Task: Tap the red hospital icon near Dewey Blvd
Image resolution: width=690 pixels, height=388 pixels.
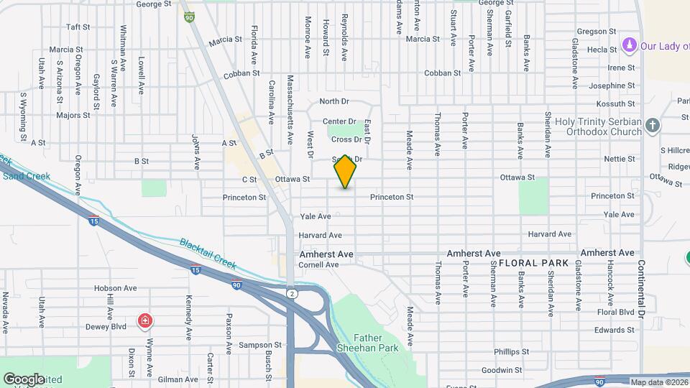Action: click(x=145, y=320)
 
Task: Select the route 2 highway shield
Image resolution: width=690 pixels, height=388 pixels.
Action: click(x=291, y=293)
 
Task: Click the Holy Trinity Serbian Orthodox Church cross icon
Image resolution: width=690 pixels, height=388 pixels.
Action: click(x=653, y=126)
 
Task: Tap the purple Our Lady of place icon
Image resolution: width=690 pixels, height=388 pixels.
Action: click(x=630, y=46)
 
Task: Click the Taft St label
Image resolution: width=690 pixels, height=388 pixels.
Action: click(x=78, y=27)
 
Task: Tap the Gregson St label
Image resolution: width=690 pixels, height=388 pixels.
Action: click(x=597, y=32)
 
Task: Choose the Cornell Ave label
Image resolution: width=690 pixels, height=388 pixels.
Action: click(x=318, y=265)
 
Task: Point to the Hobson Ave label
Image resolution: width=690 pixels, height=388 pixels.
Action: click(x=115, y=288)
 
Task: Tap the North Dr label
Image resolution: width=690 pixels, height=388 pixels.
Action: click(x=333, y=102)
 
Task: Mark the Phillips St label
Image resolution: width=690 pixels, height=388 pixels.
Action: click(x=511, y=352)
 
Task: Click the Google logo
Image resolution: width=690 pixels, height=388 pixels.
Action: click(x=24, y=379)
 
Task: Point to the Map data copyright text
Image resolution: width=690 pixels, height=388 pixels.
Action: click(x=659, y=382)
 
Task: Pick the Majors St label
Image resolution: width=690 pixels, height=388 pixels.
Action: click(x=73, y=115)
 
